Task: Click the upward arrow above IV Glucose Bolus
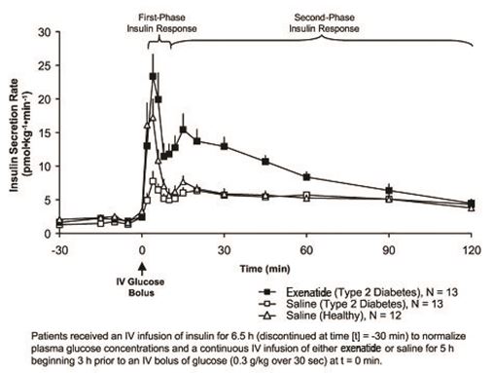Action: tap(142, 259)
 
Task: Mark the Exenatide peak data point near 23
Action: tap(153, 76)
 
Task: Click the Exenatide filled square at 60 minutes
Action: tap(306, 176)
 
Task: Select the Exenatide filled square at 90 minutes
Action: tap(389, 190)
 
